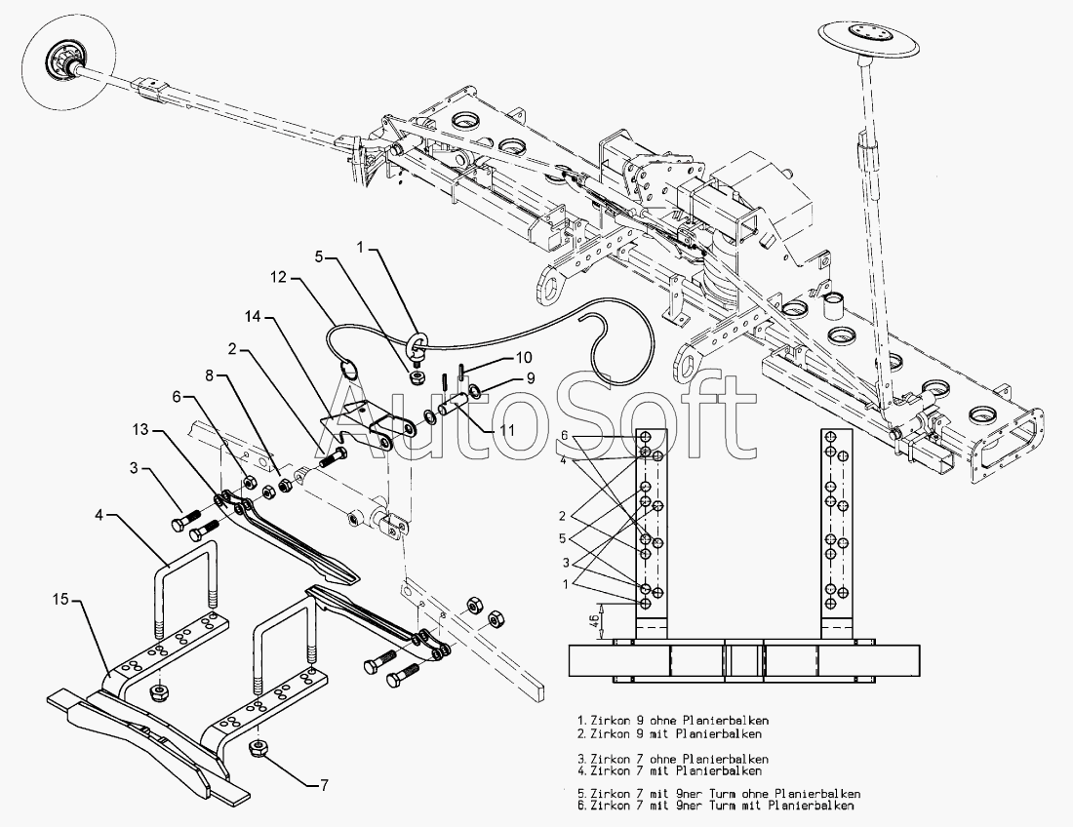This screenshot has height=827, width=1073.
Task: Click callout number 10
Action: (x=525, y=357)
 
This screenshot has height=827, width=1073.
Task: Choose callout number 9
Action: (x=531, y=376)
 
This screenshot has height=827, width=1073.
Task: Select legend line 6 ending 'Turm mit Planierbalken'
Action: (x=717, y=806)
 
